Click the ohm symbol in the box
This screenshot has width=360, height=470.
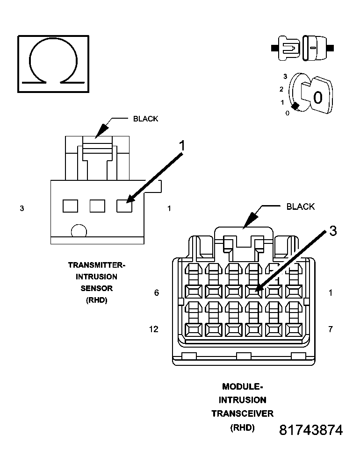pyautogui.click(x=53, y=63)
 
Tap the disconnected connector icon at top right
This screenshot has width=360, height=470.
pyautogui.click(x=302, y=48)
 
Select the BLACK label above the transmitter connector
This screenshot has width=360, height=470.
pyautogui.click(x=145, y=119)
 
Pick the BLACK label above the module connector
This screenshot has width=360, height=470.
pyautogui.click(x=300, y=207)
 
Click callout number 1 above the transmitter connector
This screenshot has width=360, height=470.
pyautogui.click(x=183, y=146)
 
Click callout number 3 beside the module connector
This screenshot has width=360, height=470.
pyautogui.click(x=332, y=231)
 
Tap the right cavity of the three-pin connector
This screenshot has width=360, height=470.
pyautogui.click(x=124, y=206)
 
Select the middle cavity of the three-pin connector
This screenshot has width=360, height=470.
pyautogui.click(x=97, y=206)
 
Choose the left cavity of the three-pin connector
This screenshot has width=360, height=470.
pyautogui.click(x=70, y=206)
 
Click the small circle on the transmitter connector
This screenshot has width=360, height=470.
pyautogui.click(x=79, y=231)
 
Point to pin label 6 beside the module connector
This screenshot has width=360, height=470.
pyautogui.click(x=157, y=293)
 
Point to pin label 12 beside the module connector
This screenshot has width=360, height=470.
pyautogui.click(x=153, y=329)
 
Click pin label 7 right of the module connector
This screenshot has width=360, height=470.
pyautogui.click(x=331, y=329)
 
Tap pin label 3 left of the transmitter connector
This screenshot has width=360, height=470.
pyautogui.click(x=22, y=208)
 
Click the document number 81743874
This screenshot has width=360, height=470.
pyautogui.click(x=311, y=430)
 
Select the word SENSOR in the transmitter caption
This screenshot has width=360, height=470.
pyautogui.click(x=97, y=288)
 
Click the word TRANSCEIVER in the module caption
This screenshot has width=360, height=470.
pyautogui.click(x=242, y=413)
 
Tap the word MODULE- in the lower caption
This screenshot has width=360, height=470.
pyautogui.click(x=242, y=386)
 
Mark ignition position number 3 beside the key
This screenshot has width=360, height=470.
pyautogui.click(x=285, y=76)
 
